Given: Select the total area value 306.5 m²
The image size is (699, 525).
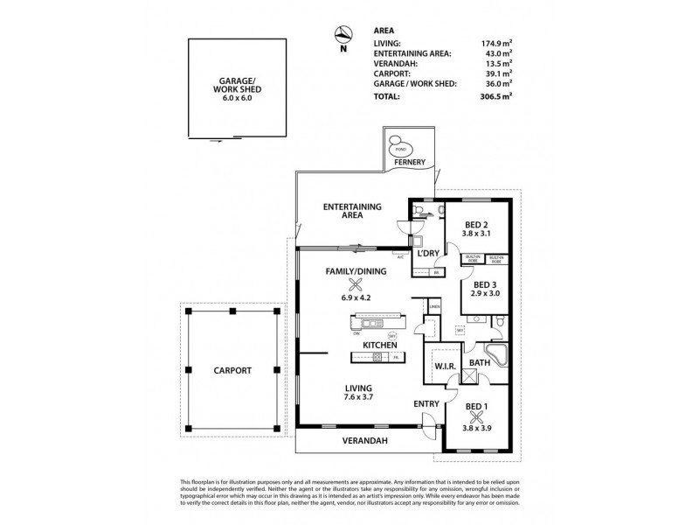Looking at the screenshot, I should pyautogui.click(x=494, y=96).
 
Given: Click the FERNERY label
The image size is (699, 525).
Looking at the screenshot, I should pyautogui.click(x=409, y=163).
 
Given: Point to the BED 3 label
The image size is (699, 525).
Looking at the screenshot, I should pyautogui.click(x=486, y=284).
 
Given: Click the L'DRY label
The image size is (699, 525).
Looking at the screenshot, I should pyautogui.click(x=429, y=254).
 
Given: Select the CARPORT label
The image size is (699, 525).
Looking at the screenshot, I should pyautogui.click(x=232, y=370).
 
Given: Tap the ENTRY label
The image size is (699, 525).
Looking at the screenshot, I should pyautogui.click(x=426, y=402).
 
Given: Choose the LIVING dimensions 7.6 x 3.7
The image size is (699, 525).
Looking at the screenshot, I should pyautogui.click(x=359, y=397).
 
